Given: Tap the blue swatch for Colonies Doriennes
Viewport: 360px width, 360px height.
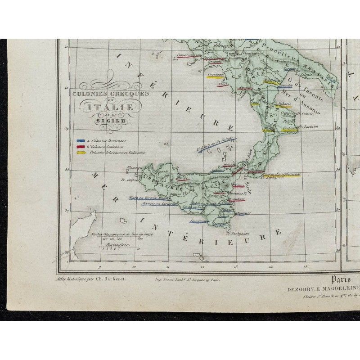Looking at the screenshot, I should click(x=81, y=140).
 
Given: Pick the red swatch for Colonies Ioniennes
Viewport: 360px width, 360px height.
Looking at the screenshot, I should click(x=81, y=146).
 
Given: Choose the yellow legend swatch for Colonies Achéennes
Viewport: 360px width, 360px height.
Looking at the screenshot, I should click(x=81, y=152).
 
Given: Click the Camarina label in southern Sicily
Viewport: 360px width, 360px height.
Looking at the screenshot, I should click(x=199, y=221).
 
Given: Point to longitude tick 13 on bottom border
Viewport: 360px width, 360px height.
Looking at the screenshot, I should click(x=235, y=267).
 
